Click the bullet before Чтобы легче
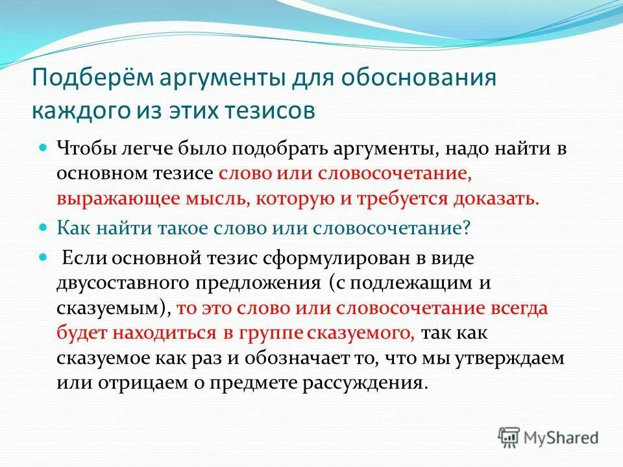43,148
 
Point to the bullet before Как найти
43,228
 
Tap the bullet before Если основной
43,257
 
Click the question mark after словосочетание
466,228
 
